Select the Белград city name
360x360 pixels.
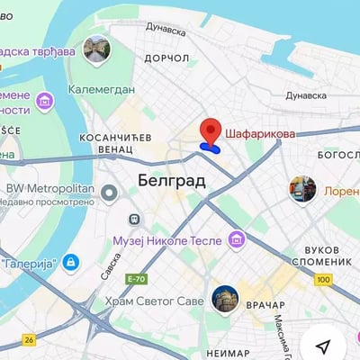click(172, 181)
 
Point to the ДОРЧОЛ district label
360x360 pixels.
click(166, 58)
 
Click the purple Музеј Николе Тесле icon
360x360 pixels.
click(237, 239)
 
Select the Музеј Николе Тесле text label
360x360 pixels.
click(168, 240)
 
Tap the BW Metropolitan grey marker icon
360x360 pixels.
click(110, 192)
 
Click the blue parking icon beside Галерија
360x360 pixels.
click(71, 263)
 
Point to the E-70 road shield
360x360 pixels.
click(137, 279)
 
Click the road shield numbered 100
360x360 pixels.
click(324, 281)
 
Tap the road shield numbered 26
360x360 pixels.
click(30, 339)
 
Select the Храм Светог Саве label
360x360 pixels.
click(154, 301)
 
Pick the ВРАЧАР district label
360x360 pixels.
click(265, 306)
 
